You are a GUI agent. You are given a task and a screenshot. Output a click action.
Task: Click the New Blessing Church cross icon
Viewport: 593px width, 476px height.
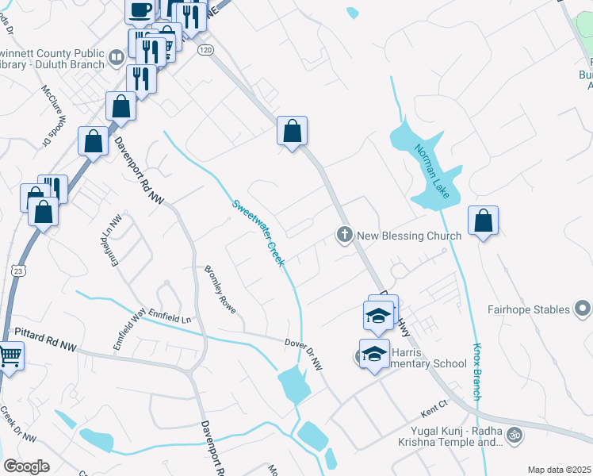pyautogui.click(x=344, y=235)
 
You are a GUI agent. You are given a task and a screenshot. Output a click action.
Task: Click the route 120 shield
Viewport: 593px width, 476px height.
pyautogui.click(x=206, y=49)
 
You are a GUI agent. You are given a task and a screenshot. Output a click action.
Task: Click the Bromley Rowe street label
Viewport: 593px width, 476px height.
pyautogui.click(x=220, y=289)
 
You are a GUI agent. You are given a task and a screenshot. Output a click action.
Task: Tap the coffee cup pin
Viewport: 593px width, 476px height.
pyautogui.click(x=140, y=10)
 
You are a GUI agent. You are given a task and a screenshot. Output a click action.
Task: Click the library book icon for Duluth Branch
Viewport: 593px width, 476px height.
pyautogui.click(x=116, y=56)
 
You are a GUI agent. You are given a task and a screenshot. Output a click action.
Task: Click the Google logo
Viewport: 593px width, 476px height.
pyautogui.click(x=26, y=466)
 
